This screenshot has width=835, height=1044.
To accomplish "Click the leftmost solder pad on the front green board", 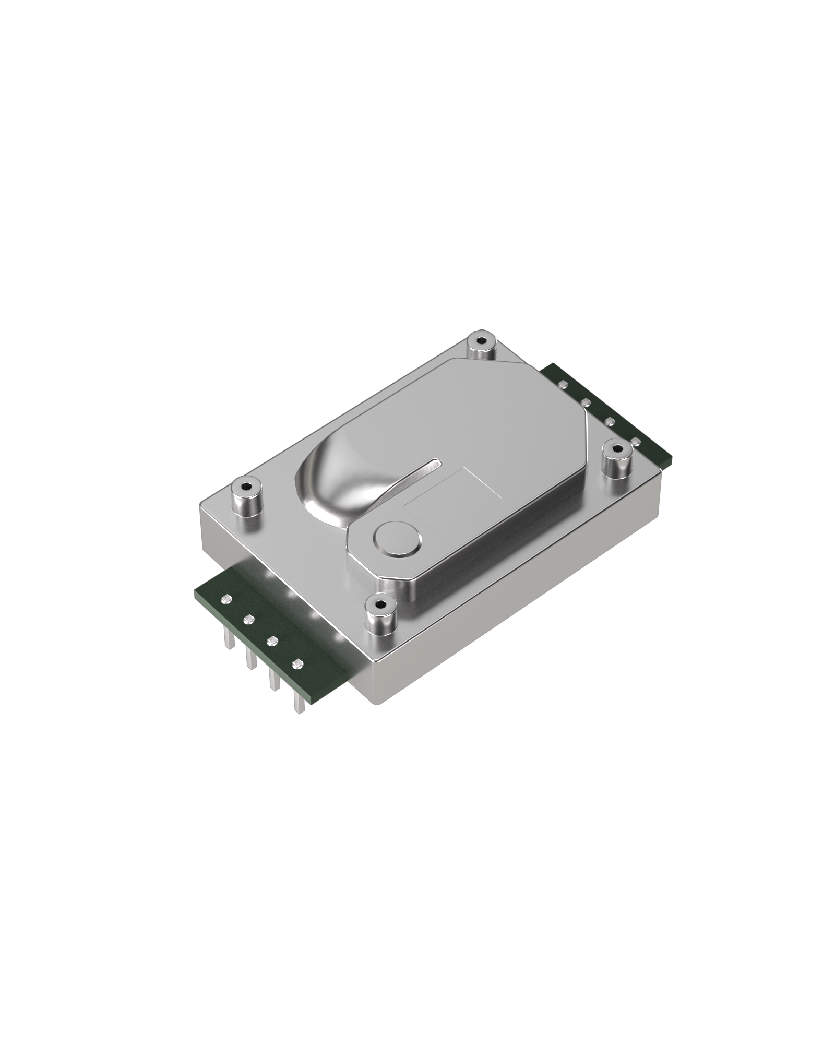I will pos(226,599).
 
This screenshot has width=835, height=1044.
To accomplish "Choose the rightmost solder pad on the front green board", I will pos(297,664).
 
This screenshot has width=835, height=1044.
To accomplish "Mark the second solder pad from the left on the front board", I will pos(248,619).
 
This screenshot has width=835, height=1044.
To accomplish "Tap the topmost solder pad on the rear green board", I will pos(562,384).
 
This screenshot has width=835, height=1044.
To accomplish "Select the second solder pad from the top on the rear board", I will pos(586,402).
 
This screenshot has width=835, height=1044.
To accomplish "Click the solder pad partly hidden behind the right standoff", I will pos(635,442).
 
